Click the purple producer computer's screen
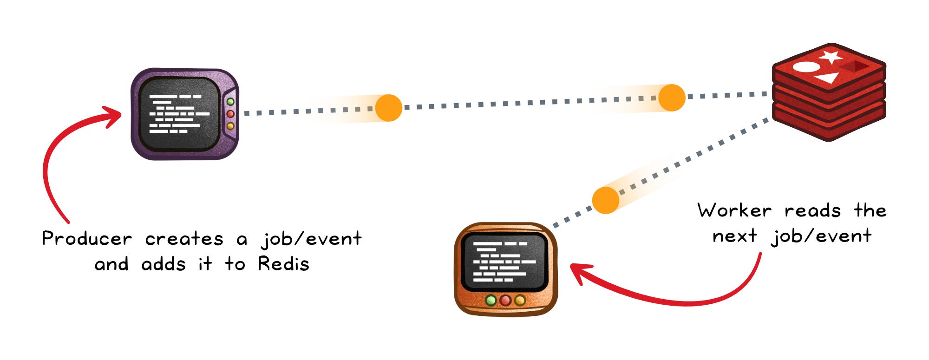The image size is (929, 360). [179, 114]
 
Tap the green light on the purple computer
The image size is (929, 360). [230, 102]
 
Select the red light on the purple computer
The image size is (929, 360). [230, 114]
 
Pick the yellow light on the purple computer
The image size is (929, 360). [230, 126]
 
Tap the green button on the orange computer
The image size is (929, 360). [491, 301]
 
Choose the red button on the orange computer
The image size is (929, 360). [505, 301]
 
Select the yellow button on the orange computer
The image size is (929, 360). [520, 301]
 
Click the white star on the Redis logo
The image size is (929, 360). [830, 57]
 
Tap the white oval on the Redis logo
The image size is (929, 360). [806, 67]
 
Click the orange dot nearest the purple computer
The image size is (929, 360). [388, 108]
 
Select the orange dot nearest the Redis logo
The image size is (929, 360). [672, 98]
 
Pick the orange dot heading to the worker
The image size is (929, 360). [606, 200]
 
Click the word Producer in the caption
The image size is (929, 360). [87, 238]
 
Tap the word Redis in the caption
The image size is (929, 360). [284, 263]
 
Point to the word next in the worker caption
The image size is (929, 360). [735, 236]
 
